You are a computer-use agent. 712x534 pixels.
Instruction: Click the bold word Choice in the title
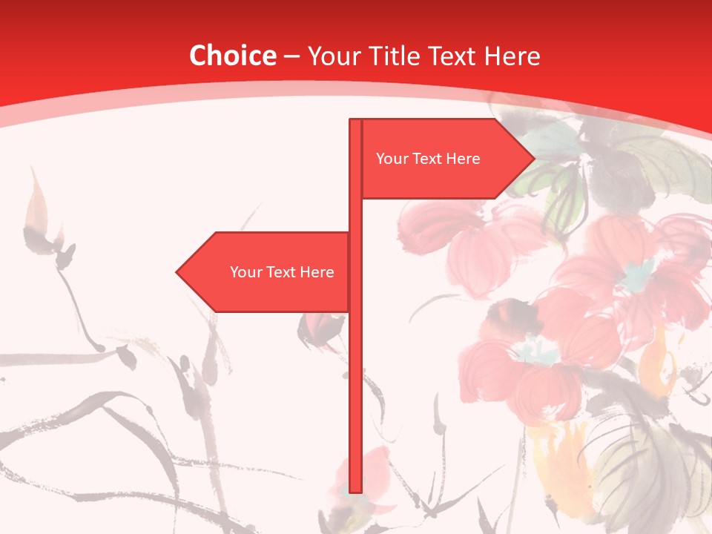click(x=232, y=56)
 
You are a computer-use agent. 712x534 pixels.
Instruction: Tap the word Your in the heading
click(x=332, y=56)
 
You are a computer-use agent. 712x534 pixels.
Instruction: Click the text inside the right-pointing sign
click(x=428, y=159)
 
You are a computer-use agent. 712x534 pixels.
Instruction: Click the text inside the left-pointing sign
click(x=282, y=272)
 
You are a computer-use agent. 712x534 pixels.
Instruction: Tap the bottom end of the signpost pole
click(x=355, y=489)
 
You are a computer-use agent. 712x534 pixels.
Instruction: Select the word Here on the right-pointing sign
click(x=464, y=159)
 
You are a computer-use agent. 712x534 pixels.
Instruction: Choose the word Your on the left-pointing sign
click(x=245, y=272)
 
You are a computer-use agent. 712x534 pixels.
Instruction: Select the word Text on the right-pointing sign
click(x=429, y=159)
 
